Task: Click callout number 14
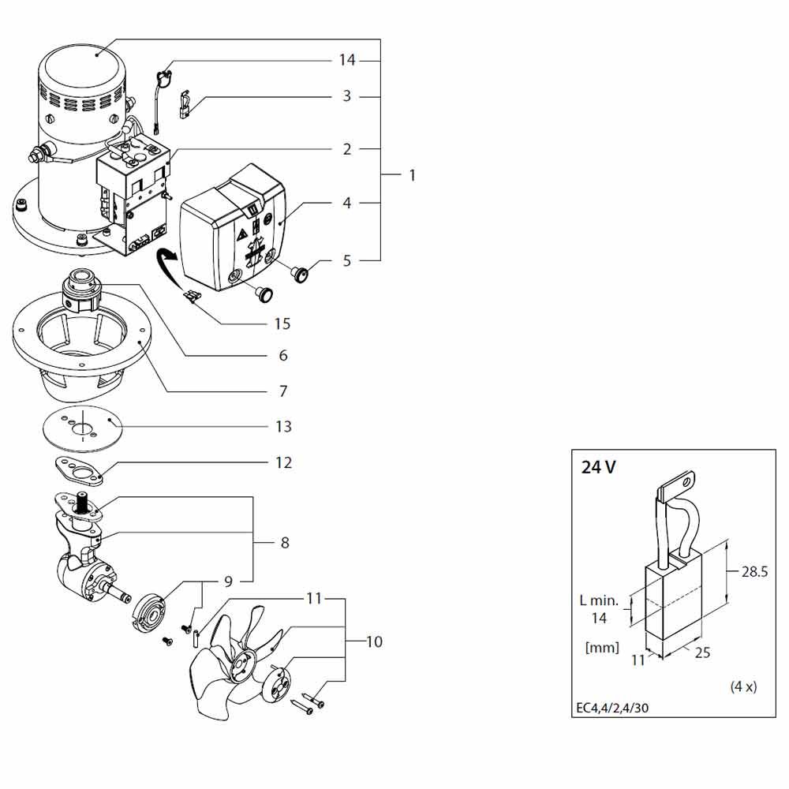point(347,60)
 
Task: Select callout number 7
point(282,391)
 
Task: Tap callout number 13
point(282,426)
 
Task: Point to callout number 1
point(412,174)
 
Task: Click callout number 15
point(282,323)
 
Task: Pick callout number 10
point(373,642)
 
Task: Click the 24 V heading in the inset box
point(599,467)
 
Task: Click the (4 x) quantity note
point(743,686)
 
